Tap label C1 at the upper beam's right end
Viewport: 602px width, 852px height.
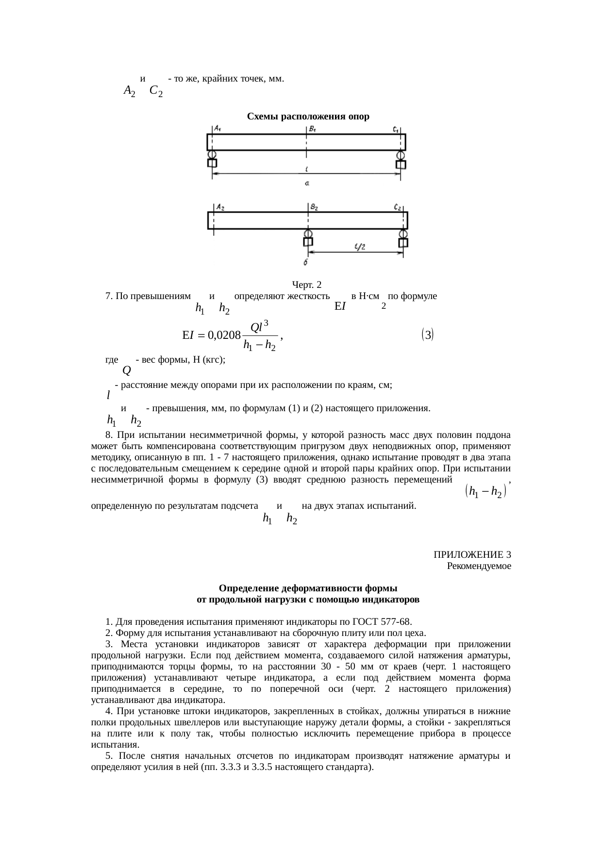[x=397, y=129]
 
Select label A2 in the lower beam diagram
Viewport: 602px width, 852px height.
[x=220, y=207]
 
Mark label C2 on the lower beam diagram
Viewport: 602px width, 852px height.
[x=398, y=207]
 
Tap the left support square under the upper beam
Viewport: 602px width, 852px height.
[x=212, y=164]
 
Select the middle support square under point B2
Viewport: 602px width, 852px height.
[x=308, y=242]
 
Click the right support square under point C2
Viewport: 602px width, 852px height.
[x=403, y=242]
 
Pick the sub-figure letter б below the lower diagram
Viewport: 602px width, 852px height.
[x=306, y=263]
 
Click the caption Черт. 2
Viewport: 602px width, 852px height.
[x=307, y=284]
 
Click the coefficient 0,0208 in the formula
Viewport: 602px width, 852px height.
[x=224, y=334]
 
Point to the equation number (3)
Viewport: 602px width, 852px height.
[x=428, y=334]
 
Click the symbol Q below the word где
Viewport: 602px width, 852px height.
[x=127, y=371]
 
